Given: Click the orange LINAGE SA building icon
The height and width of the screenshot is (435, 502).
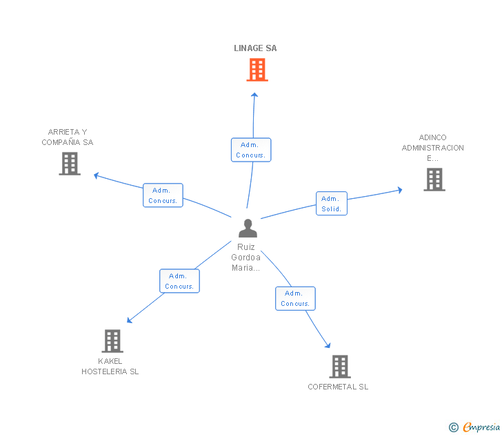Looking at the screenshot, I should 257,70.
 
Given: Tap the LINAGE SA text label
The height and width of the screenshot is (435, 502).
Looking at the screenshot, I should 255,48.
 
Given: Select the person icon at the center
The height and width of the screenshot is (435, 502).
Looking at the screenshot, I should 248,228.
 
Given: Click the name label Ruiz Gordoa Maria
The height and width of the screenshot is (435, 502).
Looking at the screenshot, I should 246,258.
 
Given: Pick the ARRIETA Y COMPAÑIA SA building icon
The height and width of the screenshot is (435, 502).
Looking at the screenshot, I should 70,164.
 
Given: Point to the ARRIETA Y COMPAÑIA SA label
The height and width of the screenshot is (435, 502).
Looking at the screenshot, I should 68,137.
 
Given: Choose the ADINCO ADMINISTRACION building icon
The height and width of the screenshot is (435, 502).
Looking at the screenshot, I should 434,180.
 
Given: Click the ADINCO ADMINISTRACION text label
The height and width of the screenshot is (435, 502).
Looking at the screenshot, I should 433,148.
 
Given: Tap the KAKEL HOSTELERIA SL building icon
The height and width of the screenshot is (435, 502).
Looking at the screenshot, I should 112,340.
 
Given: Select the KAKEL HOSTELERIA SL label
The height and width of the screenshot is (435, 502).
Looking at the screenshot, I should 110,366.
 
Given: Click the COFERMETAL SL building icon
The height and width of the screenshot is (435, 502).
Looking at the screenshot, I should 339,366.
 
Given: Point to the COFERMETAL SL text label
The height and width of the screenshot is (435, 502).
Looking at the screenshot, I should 338,387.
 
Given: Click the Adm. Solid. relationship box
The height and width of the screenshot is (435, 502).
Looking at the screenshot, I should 332,204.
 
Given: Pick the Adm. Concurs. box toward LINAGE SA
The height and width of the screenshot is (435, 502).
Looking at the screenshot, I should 251,150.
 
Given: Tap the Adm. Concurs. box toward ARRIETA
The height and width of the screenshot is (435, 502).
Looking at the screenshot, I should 163,195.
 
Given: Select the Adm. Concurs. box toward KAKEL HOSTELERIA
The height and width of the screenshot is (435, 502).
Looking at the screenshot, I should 179,281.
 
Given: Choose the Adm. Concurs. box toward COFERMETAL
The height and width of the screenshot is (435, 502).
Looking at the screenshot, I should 295,298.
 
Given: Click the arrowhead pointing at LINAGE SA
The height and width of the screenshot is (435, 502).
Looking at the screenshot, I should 254,95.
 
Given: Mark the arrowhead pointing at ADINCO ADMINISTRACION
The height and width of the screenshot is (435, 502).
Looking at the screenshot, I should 399,189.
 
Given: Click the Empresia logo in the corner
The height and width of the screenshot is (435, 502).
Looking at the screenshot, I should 474,427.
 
